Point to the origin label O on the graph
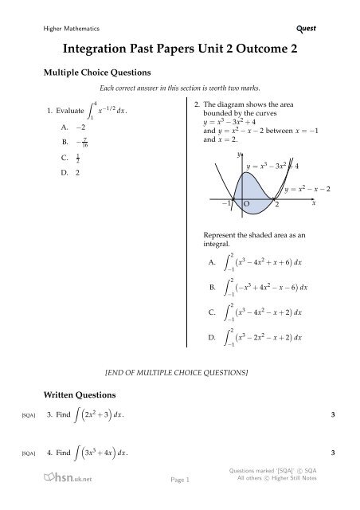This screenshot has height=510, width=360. pyautogui.click(x=246, y=205)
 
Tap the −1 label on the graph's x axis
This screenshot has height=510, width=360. pyautogui.click(x=226, y=205)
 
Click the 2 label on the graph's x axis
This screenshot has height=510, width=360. pyautogui.click(x=277, y=205)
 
